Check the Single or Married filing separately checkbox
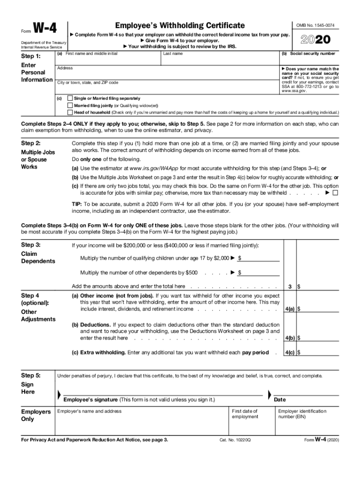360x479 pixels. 70,99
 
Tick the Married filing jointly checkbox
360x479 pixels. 70,106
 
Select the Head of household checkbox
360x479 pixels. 70,112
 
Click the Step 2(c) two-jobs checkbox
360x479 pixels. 335,193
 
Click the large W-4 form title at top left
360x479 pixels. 44,29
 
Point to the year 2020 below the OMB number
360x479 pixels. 318,39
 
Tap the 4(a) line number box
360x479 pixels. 290,309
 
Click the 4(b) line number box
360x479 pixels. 290,338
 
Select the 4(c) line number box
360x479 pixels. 290,353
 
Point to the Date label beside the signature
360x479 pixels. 280,400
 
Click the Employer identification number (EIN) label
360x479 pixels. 302,414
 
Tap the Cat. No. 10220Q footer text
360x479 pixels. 235,441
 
